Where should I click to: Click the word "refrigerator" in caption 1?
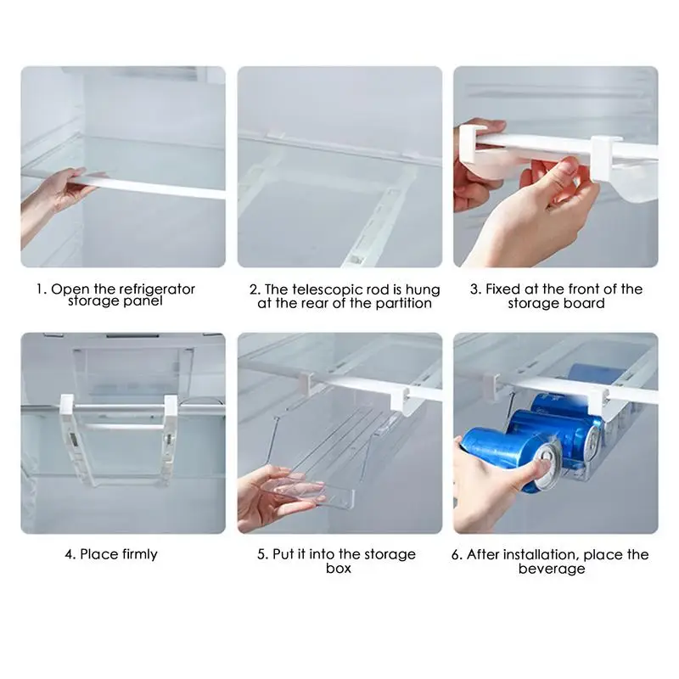pyautogui.click(x=156, y=289)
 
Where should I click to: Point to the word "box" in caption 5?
pyautogui.click(x=339, y=568)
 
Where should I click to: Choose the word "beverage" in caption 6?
pyautogui.click(x=552, y=569)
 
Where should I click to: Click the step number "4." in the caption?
pyautogui.click(x=70, y=554)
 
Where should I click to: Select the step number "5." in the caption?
pyautogui.click(x=263, y=554)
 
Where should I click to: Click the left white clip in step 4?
pyautogui.click(x=67, y=404)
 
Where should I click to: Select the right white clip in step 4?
pyautogui.click(x=171, y=404)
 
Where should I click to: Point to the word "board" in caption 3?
pyautogui.click(x=585, y=303)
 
